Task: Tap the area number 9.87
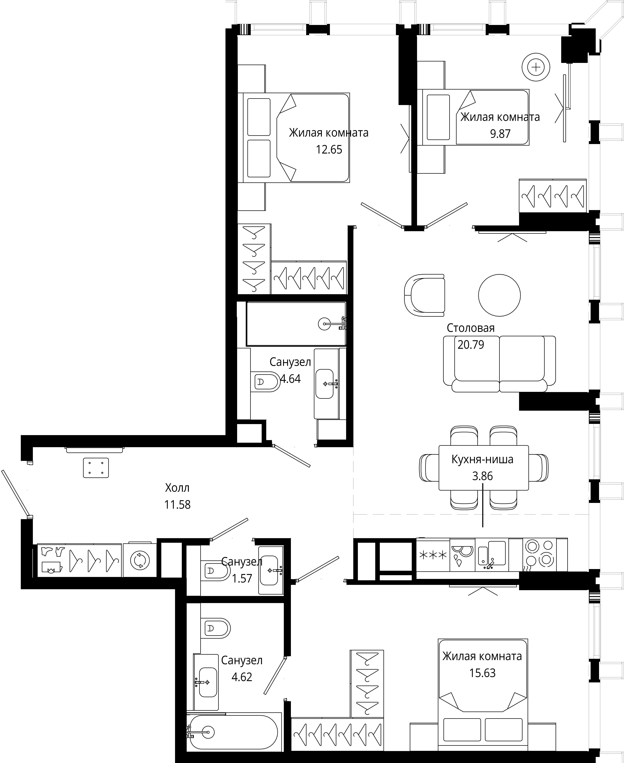tap(500, 134)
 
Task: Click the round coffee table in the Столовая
tap(499, 295)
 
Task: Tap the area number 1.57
tap(242, 579)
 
